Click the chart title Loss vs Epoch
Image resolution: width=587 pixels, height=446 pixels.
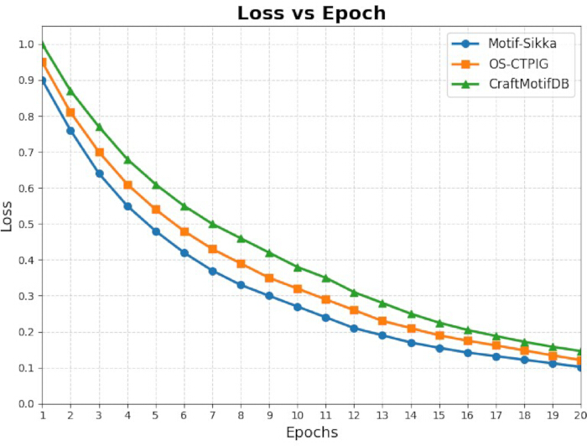point(311,13)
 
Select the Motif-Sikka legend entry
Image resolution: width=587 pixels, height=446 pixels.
point(504,44)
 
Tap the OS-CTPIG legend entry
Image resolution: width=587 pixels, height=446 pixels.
point(500,64)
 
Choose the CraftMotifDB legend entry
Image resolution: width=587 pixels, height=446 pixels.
point(510,84)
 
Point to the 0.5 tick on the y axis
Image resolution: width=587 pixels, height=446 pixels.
point(26,224)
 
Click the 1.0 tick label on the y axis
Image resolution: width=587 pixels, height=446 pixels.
point(26,44)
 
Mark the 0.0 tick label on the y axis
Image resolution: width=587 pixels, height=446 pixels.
point(26,404)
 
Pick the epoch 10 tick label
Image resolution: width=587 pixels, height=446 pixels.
point(297,415)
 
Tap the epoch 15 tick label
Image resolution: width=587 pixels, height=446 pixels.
point(439,415)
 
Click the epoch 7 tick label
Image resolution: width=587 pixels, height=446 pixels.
point(212,415)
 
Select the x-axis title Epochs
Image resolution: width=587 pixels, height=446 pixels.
point(312,433)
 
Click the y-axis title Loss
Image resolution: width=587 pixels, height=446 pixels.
point(7,216)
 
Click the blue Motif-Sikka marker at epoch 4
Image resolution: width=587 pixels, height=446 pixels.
point(127,206)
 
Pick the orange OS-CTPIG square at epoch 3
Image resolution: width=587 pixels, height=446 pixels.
point(99,153)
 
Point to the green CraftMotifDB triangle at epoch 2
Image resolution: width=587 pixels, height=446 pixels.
point(70,91)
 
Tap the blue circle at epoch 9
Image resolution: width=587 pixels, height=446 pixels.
point(269,296)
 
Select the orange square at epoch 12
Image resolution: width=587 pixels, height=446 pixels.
point(354,310)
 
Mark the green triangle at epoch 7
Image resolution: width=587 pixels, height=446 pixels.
point(212,224)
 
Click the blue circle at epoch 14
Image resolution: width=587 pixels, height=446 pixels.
point(411,343)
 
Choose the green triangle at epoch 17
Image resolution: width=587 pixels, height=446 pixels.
point(496,336)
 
